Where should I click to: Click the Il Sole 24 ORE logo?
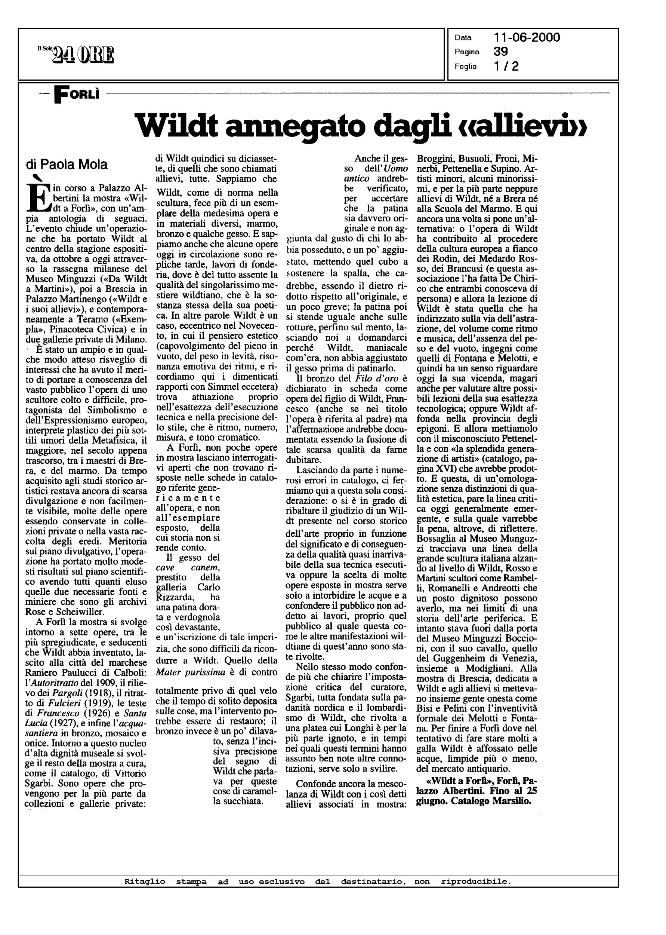click(76, 55)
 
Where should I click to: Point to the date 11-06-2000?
click(527, 38)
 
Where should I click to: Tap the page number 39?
click(501, 52)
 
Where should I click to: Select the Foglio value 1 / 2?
click(506, 66)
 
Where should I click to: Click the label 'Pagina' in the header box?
click(467, 52)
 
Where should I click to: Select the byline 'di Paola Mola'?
click(67, 165)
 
